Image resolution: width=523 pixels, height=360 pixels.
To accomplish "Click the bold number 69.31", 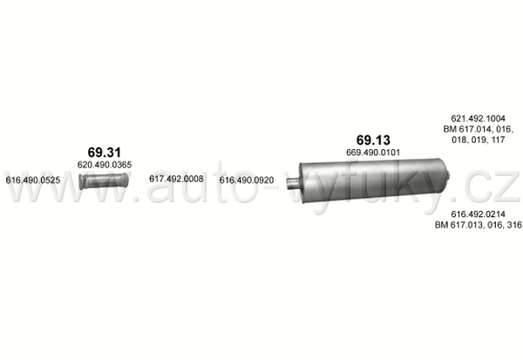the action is tap(104, 153).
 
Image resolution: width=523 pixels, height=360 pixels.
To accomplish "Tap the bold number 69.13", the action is tap(373, 139).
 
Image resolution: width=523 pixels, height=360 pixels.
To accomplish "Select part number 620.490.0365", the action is tap(105, 165).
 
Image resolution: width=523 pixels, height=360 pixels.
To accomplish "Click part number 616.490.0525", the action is tap(33, 180).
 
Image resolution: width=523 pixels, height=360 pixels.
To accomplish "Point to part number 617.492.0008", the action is tap(176, 180).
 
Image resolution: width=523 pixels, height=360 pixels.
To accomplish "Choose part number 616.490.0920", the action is tap(247, 180).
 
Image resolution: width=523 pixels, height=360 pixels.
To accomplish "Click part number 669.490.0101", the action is tap(373, 153).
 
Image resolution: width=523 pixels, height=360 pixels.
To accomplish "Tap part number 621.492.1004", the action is tap(478, 119).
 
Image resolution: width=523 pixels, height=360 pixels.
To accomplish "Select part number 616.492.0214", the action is tap(478, 214).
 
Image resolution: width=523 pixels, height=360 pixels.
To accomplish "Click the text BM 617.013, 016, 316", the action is tap(479, 225).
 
